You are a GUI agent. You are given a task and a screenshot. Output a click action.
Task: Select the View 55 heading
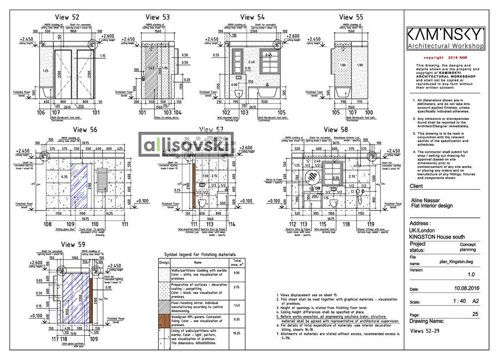pyautogui.click(x=351, y=17)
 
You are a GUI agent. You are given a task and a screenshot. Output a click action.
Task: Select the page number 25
pyautogui.click(x=475, y=314)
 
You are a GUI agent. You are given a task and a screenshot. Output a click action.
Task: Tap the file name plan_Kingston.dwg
pyautogui.click(x=457, y=262)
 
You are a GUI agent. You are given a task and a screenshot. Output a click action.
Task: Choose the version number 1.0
pyautogui.click(x=471, y=275)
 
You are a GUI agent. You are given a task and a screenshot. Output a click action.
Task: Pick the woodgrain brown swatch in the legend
pyautogui.click(x=164, y=319)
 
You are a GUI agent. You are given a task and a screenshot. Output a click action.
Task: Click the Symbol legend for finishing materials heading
pyautogui.click(x=200, y=255)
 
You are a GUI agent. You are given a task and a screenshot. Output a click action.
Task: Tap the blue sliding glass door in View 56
pyautogui.click(x=80, y=192)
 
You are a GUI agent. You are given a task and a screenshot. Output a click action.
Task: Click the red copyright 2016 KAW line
pyautogui.click(x=445, y=58)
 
